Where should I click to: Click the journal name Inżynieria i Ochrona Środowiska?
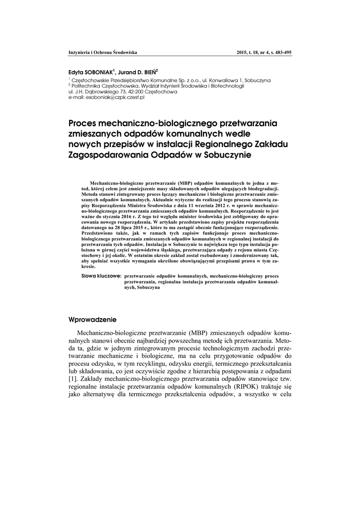pyautogui.click(x=102, y=52)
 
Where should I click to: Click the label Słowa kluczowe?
pyautogui.click(x=101, y=275)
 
